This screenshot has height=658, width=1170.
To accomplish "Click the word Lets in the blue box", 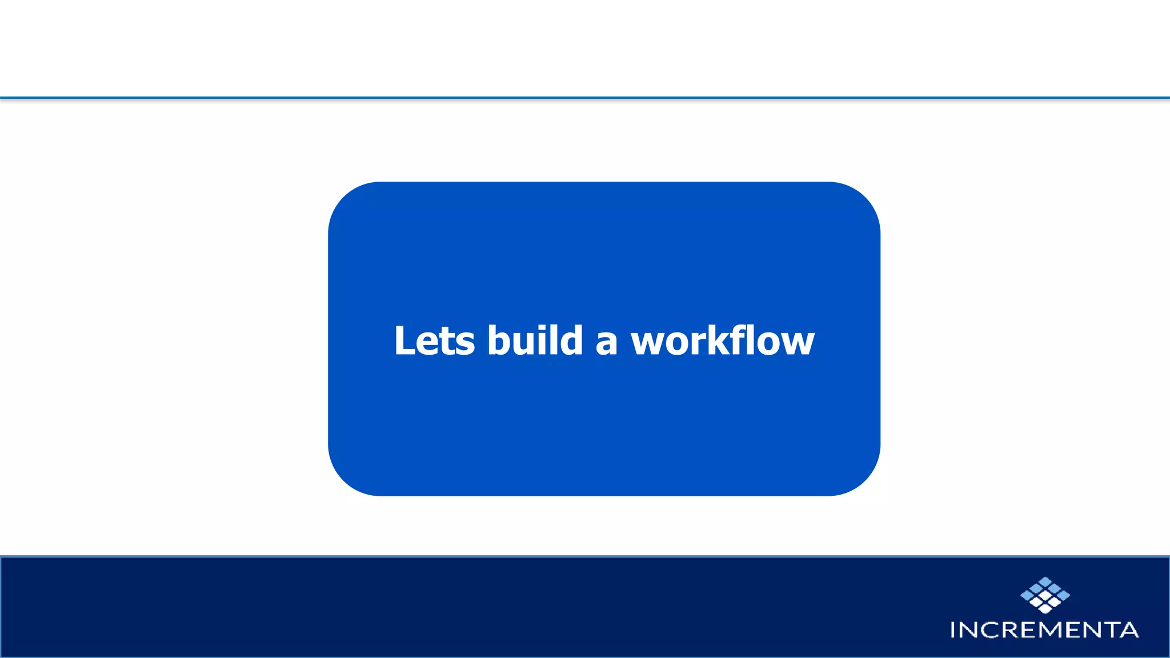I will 434,341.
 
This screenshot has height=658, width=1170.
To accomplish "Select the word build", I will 535,341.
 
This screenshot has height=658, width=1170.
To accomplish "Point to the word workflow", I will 723,341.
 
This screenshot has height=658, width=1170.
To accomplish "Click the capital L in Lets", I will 405,341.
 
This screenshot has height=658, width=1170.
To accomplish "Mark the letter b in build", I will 499,341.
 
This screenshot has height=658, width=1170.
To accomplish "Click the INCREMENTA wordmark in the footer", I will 1044,630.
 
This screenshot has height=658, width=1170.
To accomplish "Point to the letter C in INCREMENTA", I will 988,630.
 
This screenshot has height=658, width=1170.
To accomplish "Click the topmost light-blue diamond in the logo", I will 1045,581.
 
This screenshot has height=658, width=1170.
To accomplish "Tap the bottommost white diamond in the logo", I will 1045,609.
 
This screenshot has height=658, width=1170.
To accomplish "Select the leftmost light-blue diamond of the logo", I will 1027,596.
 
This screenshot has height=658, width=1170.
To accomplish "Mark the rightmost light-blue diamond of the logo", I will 1064,596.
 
